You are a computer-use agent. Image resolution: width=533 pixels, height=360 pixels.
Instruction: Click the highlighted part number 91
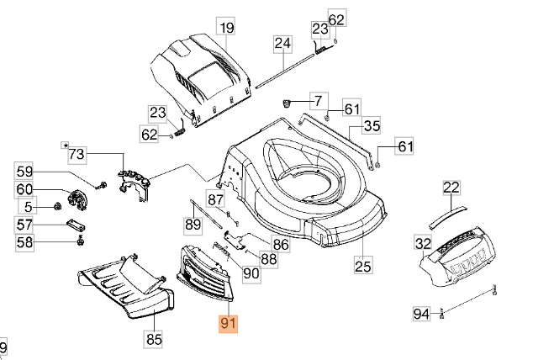pyautogui.click(x=227, y=325)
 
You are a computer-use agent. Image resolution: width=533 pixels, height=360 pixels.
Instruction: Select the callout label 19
pyautogui.click(x=225, y=29)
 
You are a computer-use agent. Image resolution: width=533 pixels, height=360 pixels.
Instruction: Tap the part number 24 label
pyautogui.click(x=282, y=43)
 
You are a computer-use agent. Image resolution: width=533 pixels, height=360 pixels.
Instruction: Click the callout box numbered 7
pyautogui.click(x=319, y=101)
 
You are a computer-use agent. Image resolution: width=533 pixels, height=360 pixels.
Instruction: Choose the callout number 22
pyautogui.click(x=451, y=188)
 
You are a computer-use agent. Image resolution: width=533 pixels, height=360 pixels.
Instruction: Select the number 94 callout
pyautogui.click(x=421, y=314)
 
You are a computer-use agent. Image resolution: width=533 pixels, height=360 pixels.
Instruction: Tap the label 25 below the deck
pyautogui.click(x=362, y=267)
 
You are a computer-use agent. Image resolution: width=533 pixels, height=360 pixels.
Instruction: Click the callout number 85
pyautogui.click(x=154, y=339)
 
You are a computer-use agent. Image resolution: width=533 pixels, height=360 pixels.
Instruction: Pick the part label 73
pyautogui.click(x=77, y=154)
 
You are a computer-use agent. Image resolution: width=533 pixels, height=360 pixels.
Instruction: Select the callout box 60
pyautogui.click(x=24, y=190)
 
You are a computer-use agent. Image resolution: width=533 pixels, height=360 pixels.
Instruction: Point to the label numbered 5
pyautogui.click(x=28, y=207)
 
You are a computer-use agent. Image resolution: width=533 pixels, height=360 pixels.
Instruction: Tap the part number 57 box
pyautogui.click(x=24, y=225)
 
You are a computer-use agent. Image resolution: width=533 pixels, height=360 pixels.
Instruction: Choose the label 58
pyautogui.click(x=24, y=242)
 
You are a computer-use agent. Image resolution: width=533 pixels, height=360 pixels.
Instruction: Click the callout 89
pyautogui.click(x=193, y=225)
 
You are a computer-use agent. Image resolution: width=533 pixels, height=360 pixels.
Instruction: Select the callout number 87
pyautogui.click(x=217, y=199)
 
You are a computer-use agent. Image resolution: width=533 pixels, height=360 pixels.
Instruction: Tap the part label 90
pyautogui.click(x=251, y=273)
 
